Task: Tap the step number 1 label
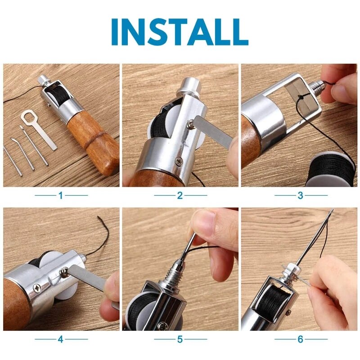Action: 61,195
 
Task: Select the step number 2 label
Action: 180,195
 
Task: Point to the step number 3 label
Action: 301,195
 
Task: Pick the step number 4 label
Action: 61,339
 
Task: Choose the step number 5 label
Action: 180,339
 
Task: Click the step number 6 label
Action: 301,339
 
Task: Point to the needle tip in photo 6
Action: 332,211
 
